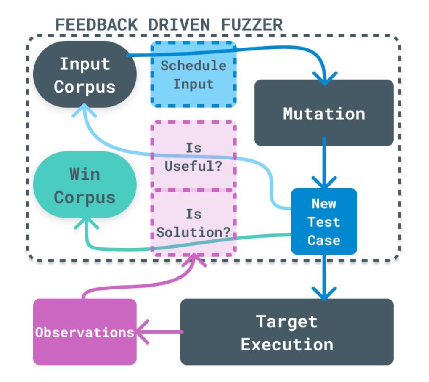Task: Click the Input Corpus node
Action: point(85,75)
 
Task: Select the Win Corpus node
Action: point(85,185)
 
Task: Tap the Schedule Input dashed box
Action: point(193,74)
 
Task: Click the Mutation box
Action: point(324,113)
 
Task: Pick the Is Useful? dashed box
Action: point(193,157)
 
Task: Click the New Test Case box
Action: point(324,222)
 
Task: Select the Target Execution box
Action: point(287,332)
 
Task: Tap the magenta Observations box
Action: point(85,332)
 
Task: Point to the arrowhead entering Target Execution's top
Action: point(324,293)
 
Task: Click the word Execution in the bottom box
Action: point(287,344)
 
